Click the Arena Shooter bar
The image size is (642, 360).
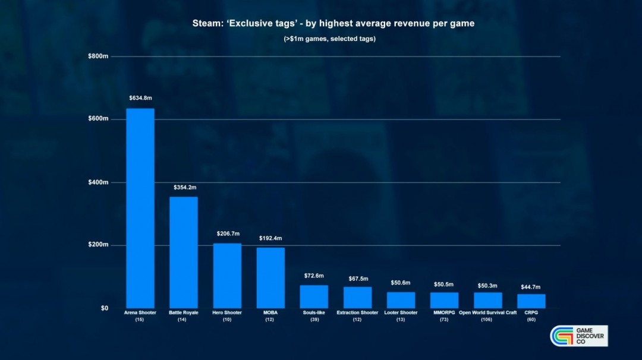tap(140, 208)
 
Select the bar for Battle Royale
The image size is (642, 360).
tap(184, 252)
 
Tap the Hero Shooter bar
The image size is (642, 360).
tap(227, 276)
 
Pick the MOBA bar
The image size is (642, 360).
tap(270, 278)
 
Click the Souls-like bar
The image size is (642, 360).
tap(314, 296)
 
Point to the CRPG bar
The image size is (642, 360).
tap(531, 301)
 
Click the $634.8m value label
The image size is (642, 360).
tap(140, 97)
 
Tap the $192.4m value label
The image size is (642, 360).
tap(270, 238)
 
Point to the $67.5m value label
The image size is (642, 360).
tap(358, 279)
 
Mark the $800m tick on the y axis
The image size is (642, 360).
tap(98, 56)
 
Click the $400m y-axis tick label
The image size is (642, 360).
tap(98, 182)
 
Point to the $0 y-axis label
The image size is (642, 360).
tap(104, 308)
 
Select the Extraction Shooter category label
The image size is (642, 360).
tap(357, 312)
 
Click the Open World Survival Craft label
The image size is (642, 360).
tap(487, 312)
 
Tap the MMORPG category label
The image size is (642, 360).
tap(444, 312)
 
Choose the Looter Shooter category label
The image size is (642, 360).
tap(401, 312)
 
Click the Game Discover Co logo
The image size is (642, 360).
tap(578, 336)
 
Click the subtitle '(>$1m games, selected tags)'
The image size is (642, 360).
tap(329, 39)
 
